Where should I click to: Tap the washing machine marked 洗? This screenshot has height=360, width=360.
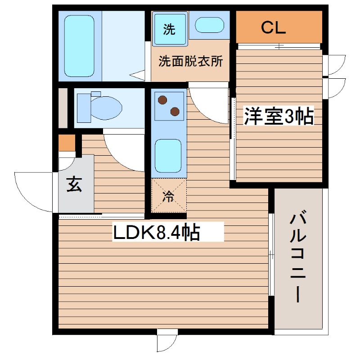(x=170, y=29)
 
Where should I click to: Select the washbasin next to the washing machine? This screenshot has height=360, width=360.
(x=209, y=25)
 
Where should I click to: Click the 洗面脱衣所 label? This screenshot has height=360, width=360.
(x=190, y=62)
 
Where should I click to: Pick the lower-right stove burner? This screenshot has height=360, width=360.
(x=175, y=111)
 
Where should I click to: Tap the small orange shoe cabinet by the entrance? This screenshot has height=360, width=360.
(x=67, y=143)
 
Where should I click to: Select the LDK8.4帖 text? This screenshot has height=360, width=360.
(x=156, y=233)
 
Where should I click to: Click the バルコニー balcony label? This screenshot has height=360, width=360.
(x=299, y=257)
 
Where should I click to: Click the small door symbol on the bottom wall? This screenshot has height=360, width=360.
(x=167, y=342)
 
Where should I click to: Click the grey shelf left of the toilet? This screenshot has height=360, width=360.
(x=63, y=108)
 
